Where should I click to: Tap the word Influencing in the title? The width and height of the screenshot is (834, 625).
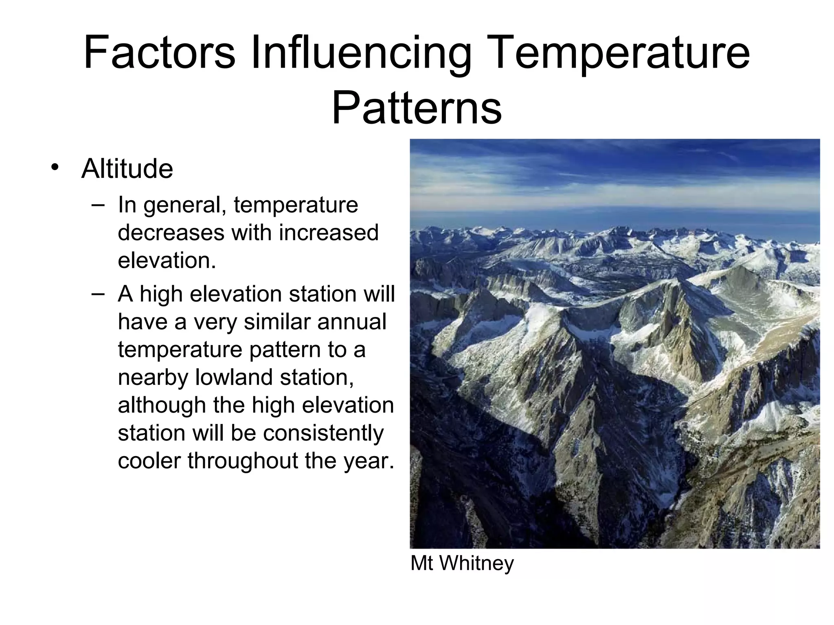tap(361, 53)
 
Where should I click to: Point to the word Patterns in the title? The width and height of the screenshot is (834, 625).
tap(417, 108)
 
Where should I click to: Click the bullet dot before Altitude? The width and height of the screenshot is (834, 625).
tap(55, 167)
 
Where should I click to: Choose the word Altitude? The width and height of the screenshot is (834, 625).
tap(127, 168)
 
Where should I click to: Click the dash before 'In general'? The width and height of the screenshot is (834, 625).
tap(98, 205)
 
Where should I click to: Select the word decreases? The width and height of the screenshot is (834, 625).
tap(171, 233)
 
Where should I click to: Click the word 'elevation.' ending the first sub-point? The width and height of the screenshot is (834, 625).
tap(167, 260)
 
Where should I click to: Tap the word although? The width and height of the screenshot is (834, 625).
tap(162, 405)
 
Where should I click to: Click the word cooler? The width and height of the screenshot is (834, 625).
tap(149, 461)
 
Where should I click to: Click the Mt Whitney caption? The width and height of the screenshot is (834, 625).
tap(462, 564)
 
